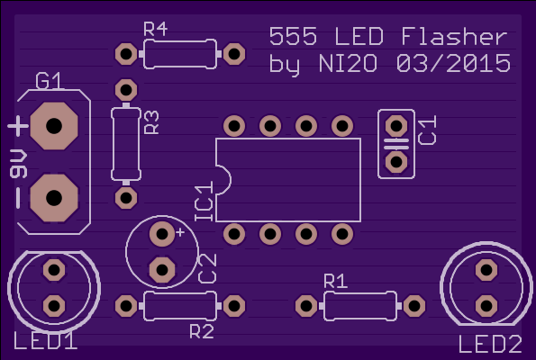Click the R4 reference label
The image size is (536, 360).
tap(155, 29)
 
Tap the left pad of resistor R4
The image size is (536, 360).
tap(126, 54)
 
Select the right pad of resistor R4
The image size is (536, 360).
tap(234, 54)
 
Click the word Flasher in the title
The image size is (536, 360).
tap(454, 36)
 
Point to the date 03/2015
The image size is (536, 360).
tap(454, 63)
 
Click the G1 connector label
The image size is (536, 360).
tap(49, 81)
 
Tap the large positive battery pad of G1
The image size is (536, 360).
tap(54, 126)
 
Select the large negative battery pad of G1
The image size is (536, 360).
tap(54, 198)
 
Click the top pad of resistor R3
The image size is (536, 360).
tap(126, 90)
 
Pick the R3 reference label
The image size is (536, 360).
tap(151, 122)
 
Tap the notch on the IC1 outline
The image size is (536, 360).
tap(224, 180)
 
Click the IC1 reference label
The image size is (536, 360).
tap(204, 202)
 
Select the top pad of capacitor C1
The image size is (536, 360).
tap(396, 126)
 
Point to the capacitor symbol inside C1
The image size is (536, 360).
tap(396, 144)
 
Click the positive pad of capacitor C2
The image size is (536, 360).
tap(162, 234)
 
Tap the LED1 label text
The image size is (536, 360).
tap(45, 341)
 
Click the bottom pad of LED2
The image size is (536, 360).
tap(486, 306)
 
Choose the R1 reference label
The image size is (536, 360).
tap(335, 281)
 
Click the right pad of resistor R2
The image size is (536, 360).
tap(234, 306)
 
